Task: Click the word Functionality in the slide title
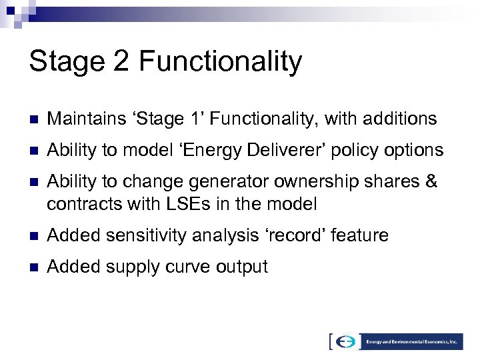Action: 220,62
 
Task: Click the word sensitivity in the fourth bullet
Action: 153,235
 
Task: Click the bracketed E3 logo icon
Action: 346,341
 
